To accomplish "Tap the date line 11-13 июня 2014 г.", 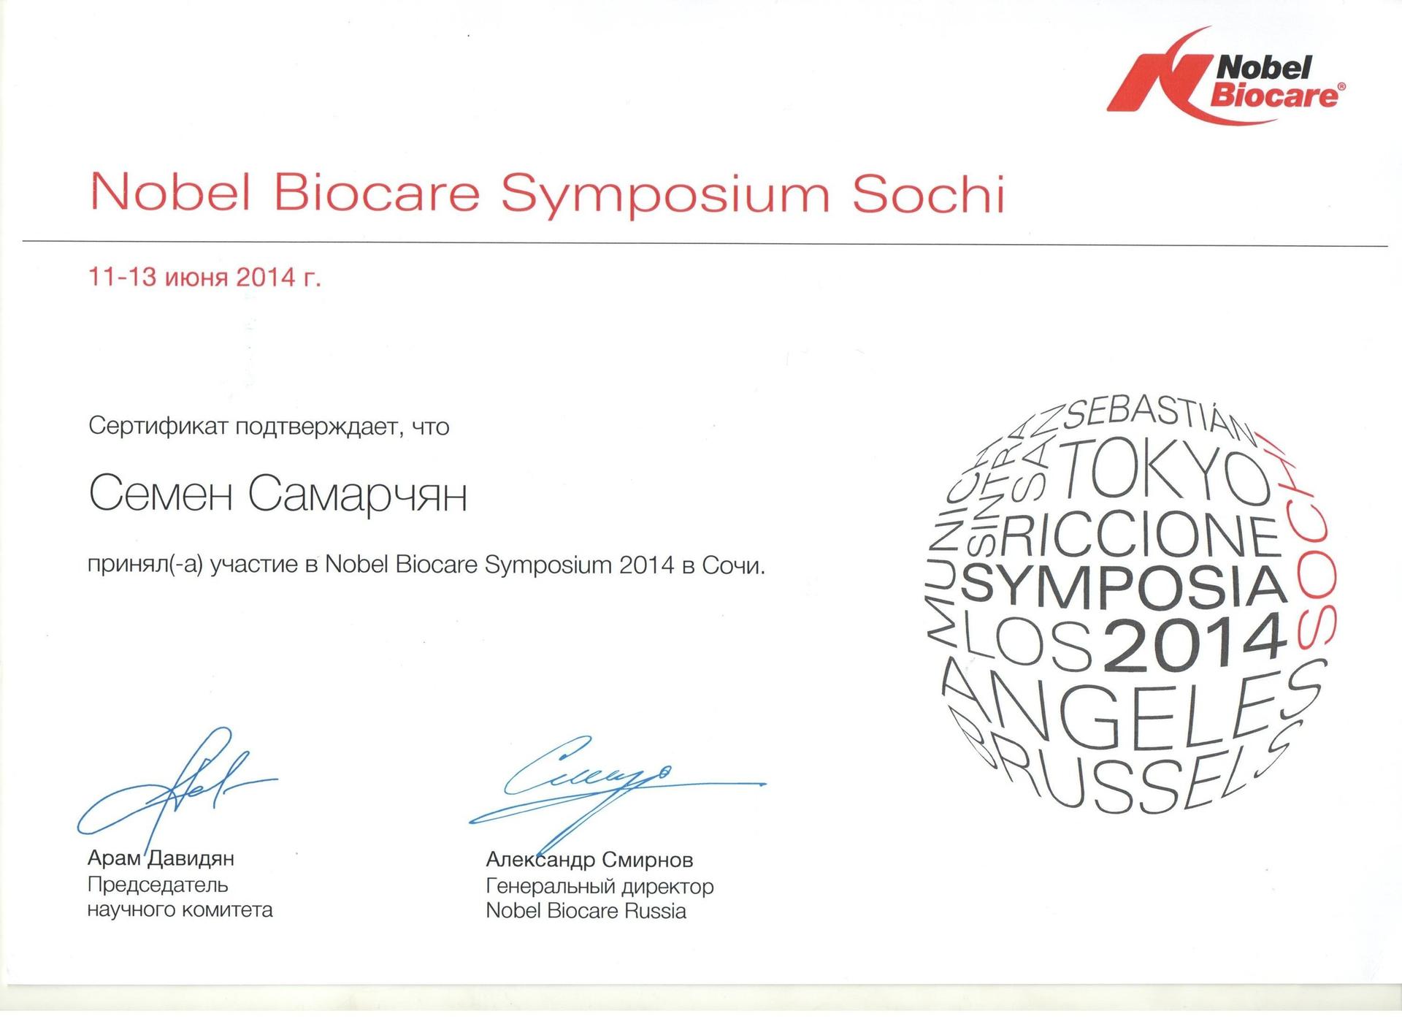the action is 204,278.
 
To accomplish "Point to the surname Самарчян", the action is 358,496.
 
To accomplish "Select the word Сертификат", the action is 157,426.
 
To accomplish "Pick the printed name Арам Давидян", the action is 161,859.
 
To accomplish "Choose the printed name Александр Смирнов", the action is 589,860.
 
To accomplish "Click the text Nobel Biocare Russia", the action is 586,911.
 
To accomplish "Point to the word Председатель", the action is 158,885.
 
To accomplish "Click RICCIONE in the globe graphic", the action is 1146,535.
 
